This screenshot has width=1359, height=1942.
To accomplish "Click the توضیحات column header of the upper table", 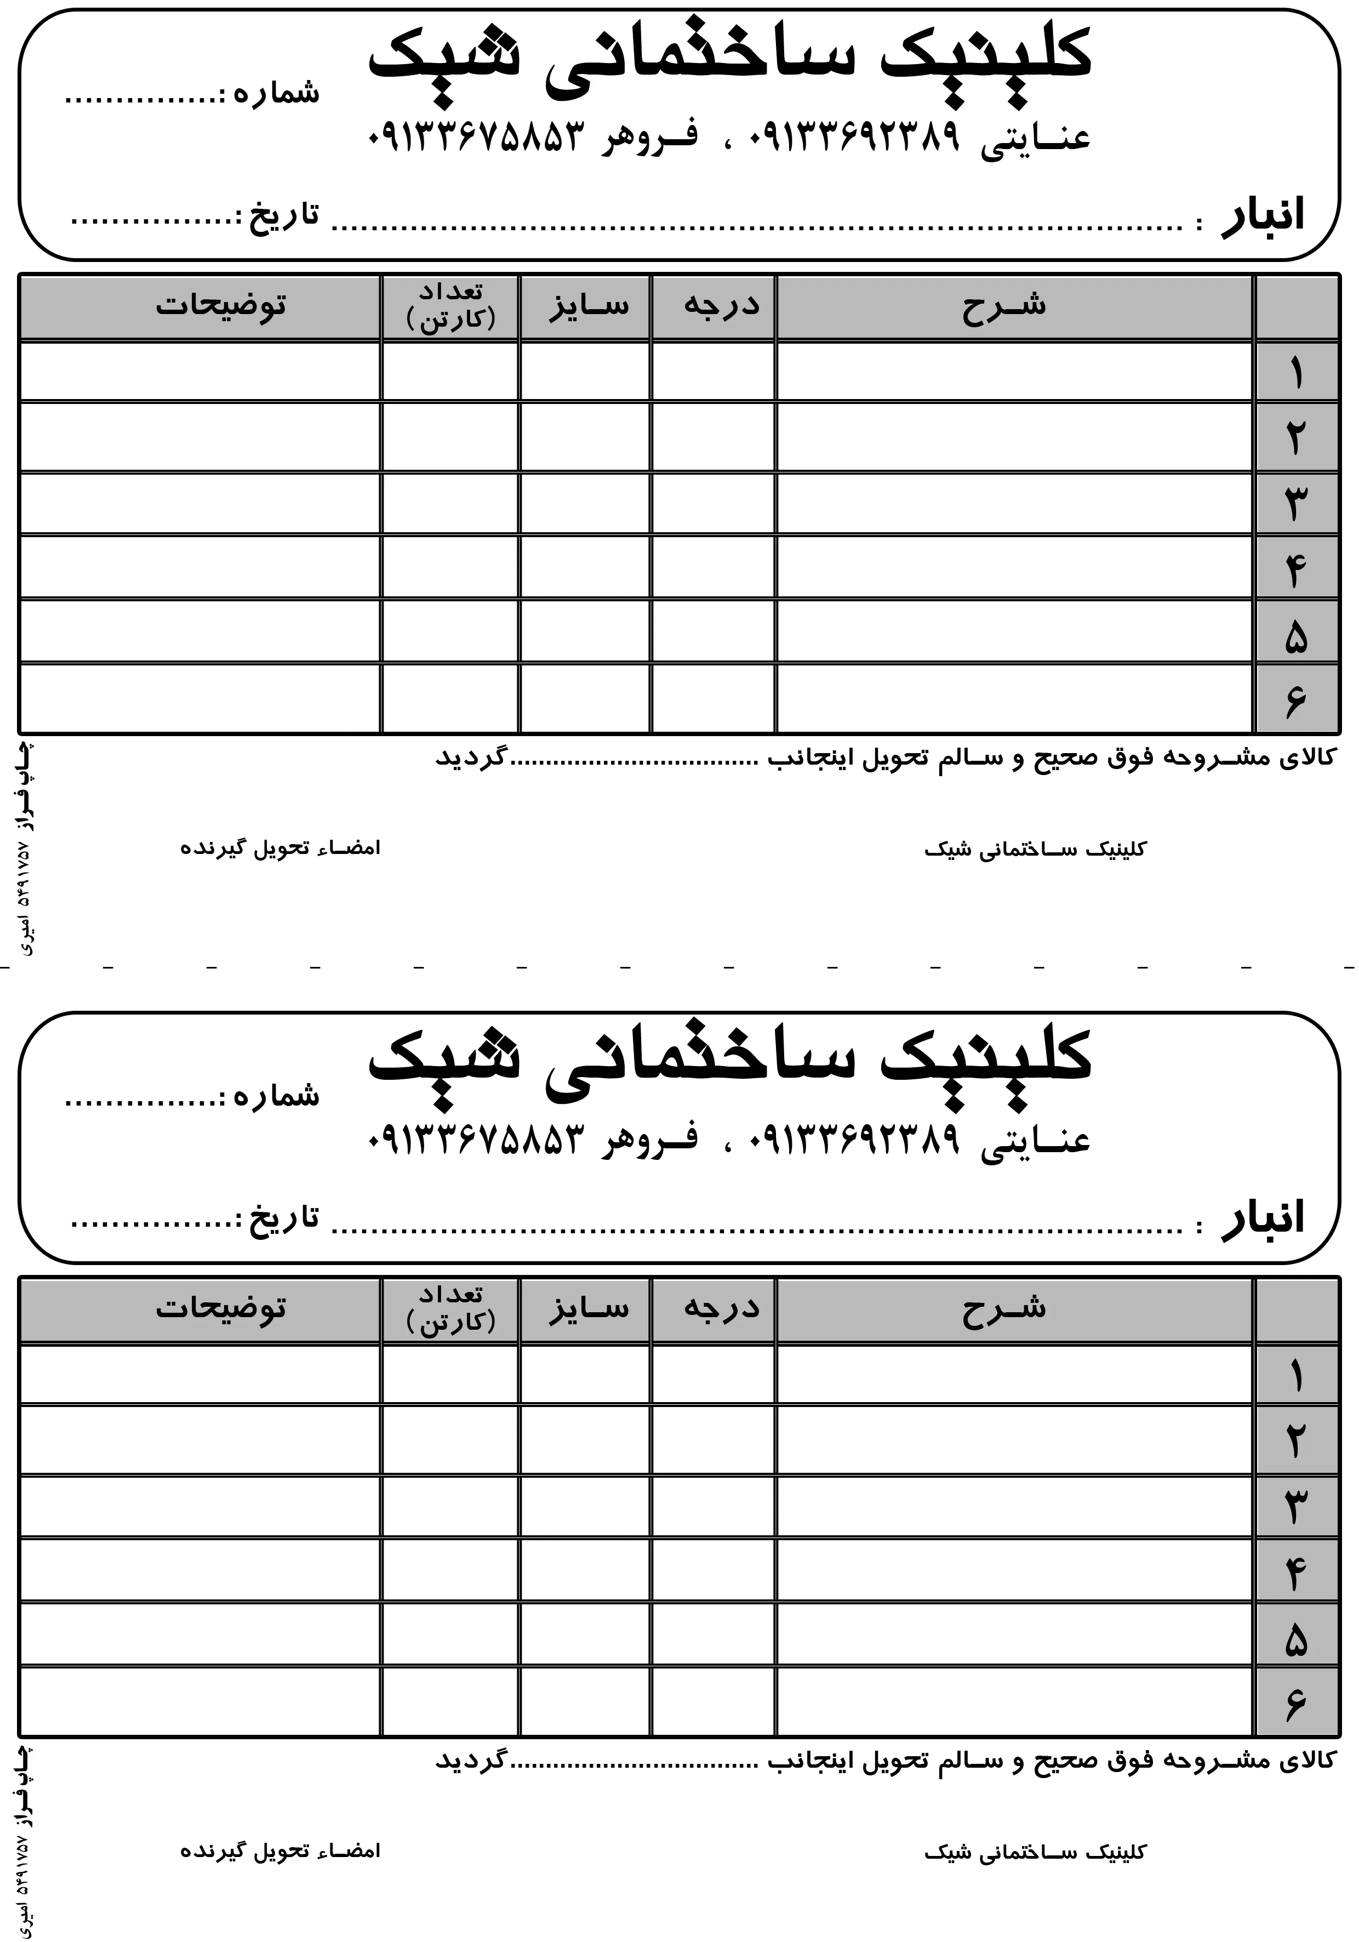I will pos(221,305).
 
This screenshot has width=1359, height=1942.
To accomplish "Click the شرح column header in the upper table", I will pos(1004,305).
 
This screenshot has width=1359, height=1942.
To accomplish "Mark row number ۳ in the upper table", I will pos(1295,505).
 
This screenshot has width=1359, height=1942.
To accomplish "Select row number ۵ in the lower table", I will pos(1295,1641).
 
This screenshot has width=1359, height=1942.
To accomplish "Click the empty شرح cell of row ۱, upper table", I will pos(1013,372).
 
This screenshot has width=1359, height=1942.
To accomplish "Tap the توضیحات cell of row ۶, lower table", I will pos(199,1702).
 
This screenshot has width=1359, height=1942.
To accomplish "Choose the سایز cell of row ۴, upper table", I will pos(585,567).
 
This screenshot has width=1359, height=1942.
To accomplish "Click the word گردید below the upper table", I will pos(470,757).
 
